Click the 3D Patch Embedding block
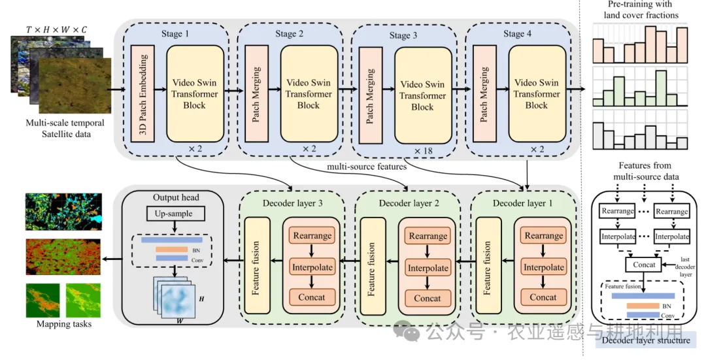[143, 94]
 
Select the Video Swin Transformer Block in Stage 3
[422, 95]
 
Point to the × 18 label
[423, 152]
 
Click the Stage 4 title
[518, 33]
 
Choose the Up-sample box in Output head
[175, 214]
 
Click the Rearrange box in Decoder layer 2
[428, 236]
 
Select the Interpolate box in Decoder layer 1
[543, 267]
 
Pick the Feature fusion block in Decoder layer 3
[256, 266]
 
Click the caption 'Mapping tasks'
[63, 324]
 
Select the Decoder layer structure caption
[645, 340]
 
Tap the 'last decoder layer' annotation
[686, 267]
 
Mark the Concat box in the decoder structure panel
[645, 265]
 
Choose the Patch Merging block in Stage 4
[484, 94]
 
